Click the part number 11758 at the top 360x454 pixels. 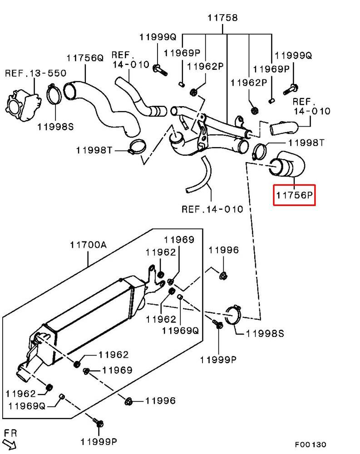point(222,18)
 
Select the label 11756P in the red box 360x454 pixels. point(294,195)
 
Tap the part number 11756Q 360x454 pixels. point(85,58)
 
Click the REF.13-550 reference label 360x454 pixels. point(35,73)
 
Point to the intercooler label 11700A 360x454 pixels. point(88,245)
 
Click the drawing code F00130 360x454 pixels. point(311,444)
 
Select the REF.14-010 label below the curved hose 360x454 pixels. point(212,209)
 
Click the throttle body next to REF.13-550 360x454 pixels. point(23,106)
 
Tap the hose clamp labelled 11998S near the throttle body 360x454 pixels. point(54,94)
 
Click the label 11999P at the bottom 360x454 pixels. point(99,442)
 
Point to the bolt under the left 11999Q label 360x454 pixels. point(160,70)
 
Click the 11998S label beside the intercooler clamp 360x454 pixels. point(265,334)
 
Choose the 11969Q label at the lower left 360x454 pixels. point(27,406)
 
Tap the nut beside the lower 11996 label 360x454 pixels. point(128,401)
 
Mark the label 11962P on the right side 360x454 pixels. point(249,83)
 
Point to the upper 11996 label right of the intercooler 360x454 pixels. point(224,250)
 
